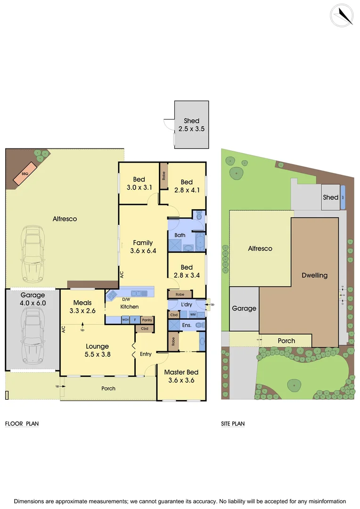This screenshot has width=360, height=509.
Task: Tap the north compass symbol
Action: (x=343, y=15)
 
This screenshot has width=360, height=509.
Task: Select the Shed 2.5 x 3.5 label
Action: (x=191, y=124)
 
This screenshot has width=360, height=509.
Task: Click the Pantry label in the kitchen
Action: (x=147, y=320)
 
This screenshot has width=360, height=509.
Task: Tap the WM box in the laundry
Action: (x=193, y=314)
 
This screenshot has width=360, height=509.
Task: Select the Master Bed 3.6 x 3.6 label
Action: (x=179, y=376)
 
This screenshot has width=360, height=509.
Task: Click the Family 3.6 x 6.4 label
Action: (x=142, y=247)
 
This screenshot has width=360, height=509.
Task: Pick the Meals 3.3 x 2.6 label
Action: (x=82, y=306)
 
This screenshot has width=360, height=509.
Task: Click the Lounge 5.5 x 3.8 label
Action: (x=97, y=350)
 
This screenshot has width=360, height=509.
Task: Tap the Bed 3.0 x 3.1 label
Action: (x=139, y=183)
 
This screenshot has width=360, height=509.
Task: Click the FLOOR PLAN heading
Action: (x=22, y=424)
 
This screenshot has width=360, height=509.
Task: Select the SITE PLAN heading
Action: (x=233, y=424)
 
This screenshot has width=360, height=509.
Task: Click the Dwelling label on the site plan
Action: (x=314, y=275)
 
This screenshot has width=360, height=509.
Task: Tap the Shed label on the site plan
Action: (x=330, y=197)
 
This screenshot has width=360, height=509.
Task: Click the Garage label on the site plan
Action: (x=244, y=308)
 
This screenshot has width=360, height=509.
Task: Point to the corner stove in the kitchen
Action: (x=113, y=296)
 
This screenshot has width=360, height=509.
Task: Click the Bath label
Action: (x=180, y=235)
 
